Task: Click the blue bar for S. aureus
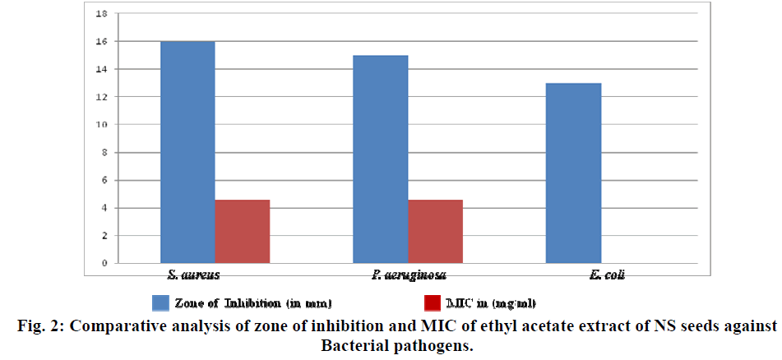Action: (x=187, y=152)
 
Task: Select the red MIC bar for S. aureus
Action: (x=243, y=231)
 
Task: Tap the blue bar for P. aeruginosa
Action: (x=381, y=159)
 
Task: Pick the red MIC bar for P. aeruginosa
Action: (x=436, y=231)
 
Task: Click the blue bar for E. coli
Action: (x=574, y=173)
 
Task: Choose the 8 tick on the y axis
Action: (x=102, y=152)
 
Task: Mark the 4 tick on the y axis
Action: (x=102, y=208)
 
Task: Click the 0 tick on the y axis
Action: (x=102, y=263)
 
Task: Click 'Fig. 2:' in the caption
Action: (x=42, y=326)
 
